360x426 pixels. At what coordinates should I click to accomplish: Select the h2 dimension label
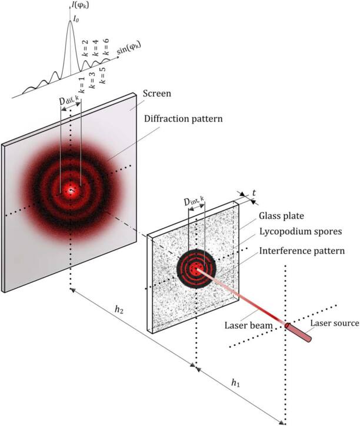pos(121,327)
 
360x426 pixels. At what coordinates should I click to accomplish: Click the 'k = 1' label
pos(82,85)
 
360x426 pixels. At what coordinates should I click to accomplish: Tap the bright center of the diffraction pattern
pos(72,189)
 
